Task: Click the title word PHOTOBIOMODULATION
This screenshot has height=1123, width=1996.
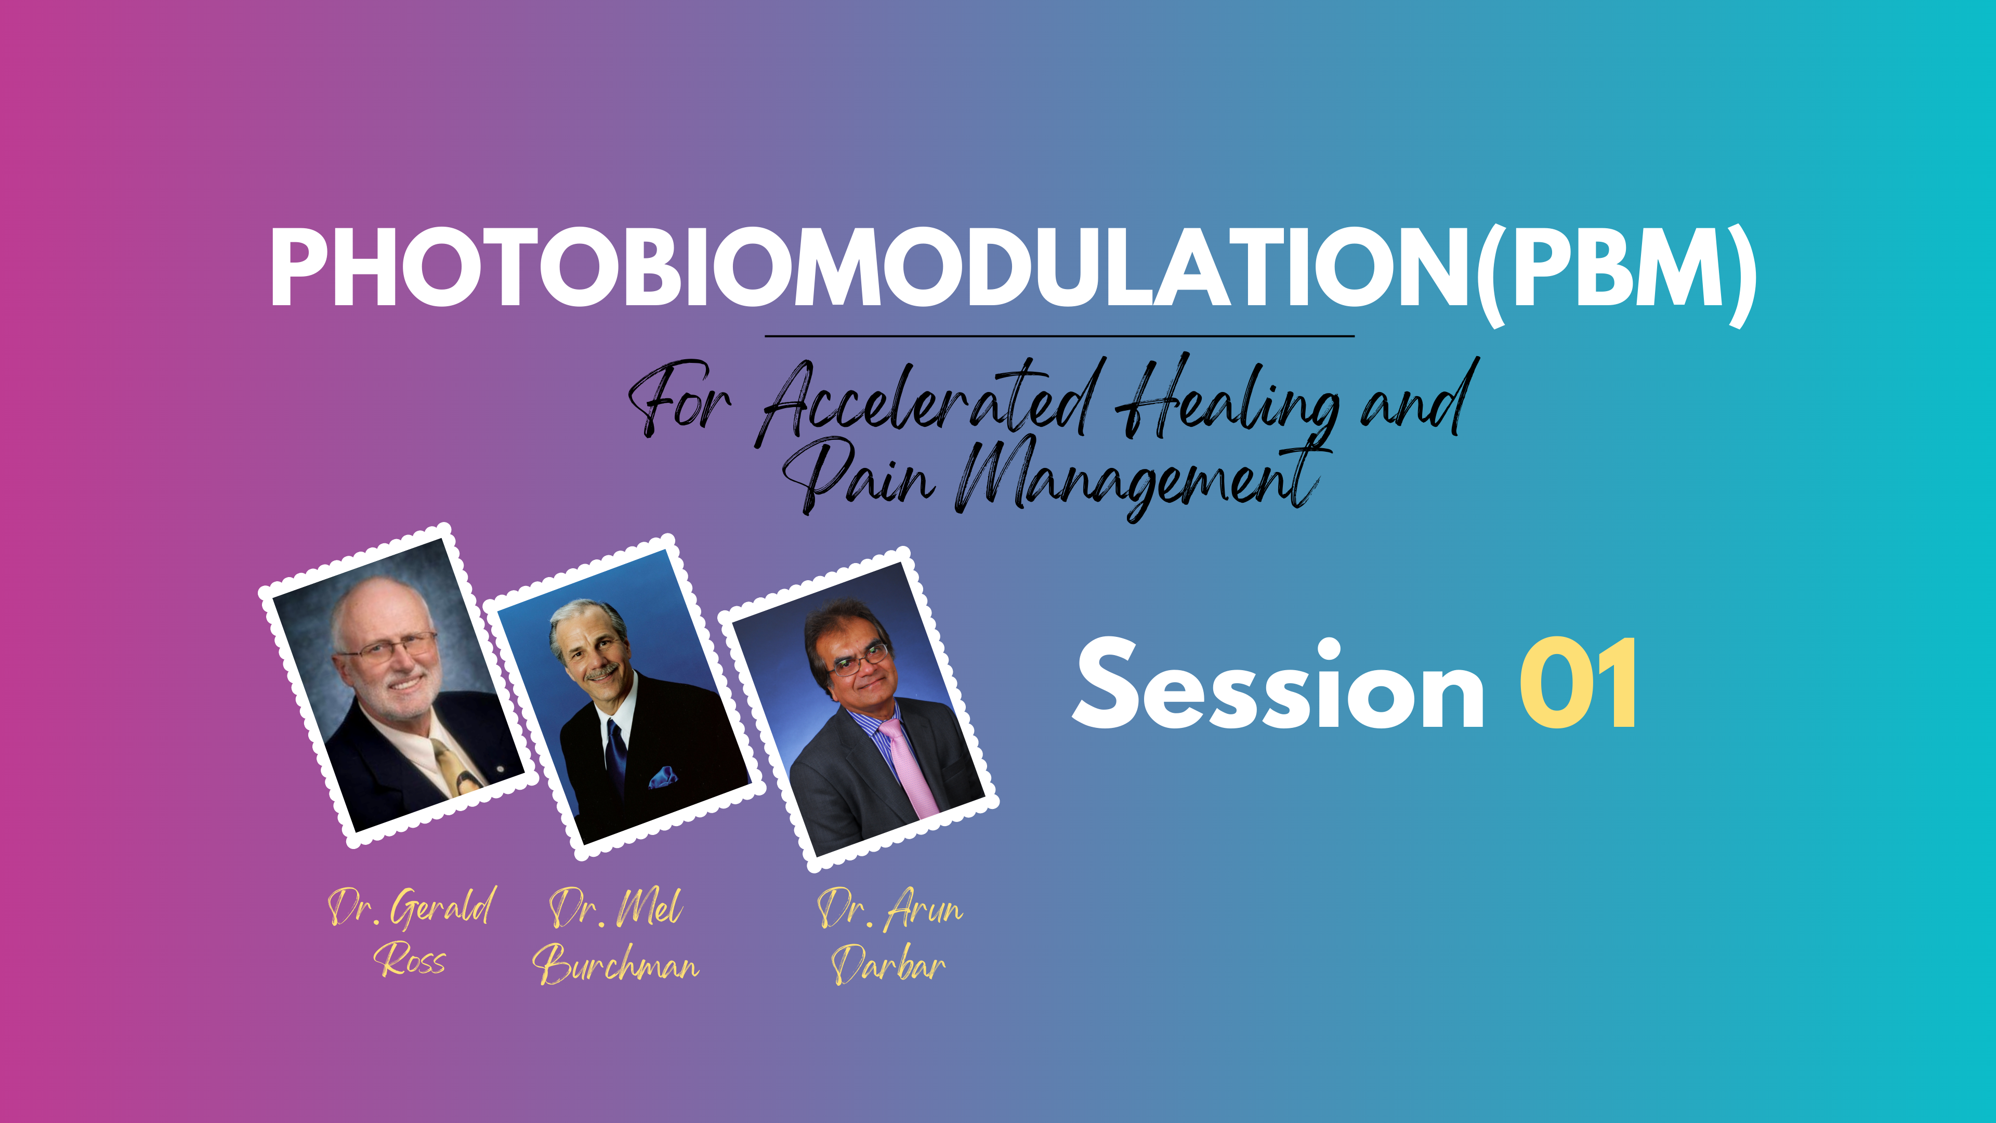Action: (x=872, y=267)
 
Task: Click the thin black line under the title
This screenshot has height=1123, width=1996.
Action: (x=1059, y=336)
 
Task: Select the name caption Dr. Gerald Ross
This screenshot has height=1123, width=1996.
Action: (x=411, y=932)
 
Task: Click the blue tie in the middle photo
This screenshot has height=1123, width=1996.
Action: (x=616, y=755)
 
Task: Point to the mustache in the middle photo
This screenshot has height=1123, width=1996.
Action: (x=603, y=673)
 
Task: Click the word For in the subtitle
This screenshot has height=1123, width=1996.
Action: (x=679, y=400)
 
